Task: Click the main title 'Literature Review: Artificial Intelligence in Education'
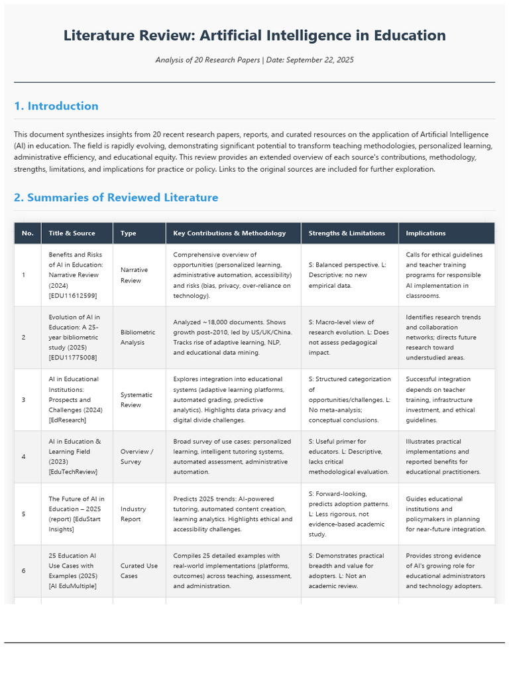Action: (x=254, y=36)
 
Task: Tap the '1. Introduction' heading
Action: (x=56, y=106)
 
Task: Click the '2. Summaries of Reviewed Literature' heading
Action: (x=116, y=198)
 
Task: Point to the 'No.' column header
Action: (x=27, y=233)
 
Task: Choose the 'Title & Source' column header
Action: (x=72, y=233)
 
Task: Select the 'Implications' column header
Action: (x=425, y=233)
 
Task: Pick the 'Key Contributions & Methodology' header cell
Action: (x=229, y=233)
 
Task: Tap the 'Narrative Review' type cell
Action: (x=135, y=275)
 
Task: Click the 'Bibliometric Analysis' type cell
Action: (x=138, y=337)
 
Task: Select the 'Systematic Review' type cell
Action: (x=137, y=400)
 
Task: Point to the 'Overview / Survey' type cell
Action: (x=137, y=457)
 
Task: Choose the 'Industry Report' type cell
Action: (x=133, y=514)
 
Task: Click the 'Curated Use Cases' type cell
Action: (x=139, y=571)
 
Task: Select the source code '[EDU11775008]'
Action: (x=73, y=358)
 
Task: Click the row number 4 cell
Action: (x=24, y=457)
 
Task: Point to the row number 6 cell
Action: (x=24, y=571)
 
